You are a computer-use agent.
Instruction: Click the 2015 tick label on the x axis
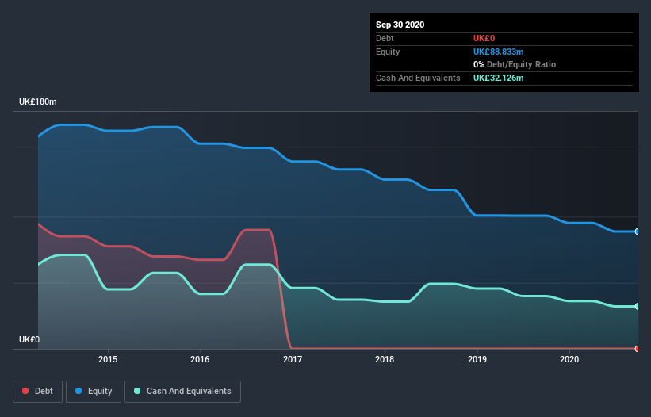(x=108, y=359)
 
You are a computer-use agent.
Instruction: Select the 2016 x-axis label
(x=200, y=359)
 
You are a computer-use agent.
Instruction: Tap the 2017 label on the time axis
(x=293, y=359)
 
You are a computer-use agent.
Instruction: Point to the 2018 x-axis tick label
(x=385, y=359)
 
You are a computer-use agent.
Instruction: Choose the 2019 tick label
(x=477, y=359)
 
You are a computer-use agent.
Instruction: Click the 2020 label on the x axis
(x=569, y=359)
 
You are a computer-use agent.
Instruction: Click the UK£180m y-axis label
(x=38, y=102)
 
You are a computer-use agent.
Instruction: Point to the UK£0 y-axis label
(x=29, y=339)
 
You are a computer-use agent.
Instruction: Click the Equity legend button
(x=94, y=391)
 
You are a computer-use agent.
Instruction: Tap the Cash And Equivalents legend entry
(x=182, y=391)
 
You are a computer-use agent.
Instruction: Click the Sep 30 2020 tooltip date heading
(x=400, y=25)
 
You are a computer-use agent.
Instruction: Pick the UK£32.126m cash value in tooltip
(x=498, y=78)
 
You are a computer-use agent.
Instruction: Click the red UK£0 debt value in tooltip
(x=484, y=38)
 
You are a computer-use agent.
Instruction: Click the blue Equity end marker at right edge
(x=637, y=231)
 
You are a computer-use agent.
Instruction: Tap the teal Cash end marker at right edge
(x=637, y=306)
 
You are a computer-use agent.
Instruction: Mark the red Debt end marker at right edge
(x=637, y=348)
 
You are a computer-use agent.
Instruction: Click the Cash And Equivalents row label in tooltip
(x=418, y=78)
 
